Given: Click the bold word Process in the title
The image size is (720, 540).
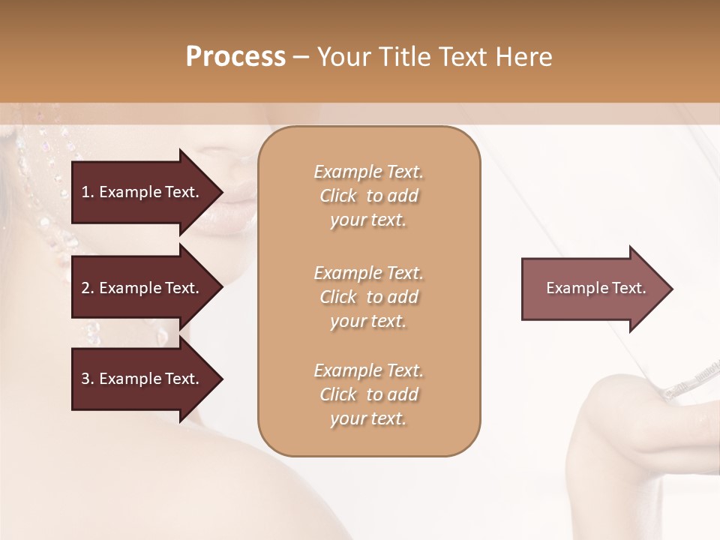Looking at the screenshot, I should pos(235,57).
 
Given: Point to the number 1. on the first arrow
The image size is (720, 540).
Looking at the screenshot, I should pos(87,192).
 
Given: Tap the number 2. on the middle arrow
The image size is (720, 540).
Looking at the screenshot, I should pos(87,288).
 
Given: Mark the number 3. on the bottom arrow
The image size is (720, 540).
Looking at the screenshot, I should pos(87,379).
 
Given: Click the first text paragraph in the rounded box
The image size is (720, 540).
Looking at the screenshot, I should pos(368,196).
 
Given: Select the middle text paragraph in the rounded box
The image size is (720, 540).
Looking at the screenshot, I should pos(368,297).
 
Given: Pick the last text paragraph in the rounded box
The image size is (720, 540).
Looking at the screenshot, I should pos(368,394).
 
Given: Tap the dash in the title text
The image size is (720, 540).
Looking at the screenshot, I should pos(301,58).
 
